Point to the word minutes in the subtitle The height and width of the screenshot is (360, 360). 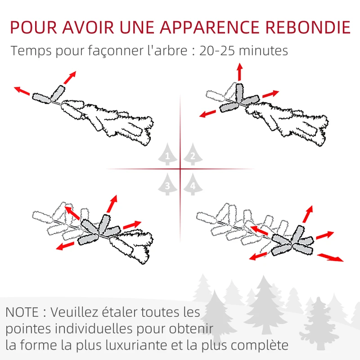click(x=265, y=50)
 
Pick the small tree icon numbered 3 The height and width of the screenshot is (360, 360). click(x=167, y=184)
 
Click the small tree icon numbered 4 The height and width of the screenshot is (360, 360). click(x=193, y=184)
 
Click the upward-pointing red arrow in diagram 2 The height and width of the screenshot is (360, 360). click(x=239, y=72)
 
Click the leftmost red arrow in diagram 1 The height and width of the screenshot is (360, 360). click(x=22, y=91)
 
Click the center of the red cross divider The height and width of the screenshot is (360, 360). click(x=180, y=169)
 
